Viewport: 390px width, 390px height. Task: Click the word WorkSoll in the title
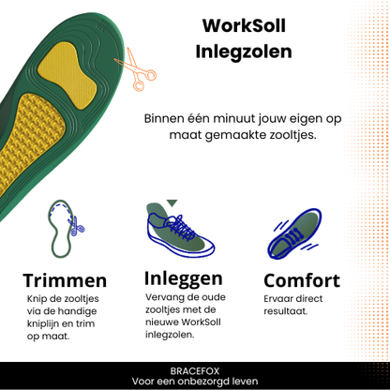point(244,25)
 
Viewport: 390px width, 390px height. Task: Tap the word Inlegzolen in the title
point(244,52)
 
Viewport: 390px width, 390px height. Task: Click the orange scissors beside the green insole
point(137,70)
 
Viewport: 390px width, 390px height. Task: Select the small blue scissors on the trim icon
point(76,227)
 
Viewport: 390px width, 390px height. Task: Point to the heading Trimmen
point(65,280)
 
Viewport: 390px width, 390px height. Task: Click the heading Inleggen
point(184,279)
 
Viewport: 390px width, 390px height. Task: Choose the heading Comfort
point(302,280)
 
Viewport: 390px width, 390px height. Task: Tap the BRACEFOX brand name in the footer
point(195,371)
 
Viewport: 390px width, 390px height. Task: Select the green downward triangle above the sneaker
point(172,203)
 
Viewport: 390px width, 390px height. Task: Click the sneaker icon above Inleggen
point(180,230)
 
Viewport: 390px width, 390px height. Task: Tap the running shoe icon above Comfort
point(293,233)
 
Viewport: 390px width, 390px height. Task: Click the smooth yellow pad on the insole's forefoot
point(67,75)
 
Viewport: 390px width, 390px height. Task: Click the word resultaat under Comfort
point(286,311)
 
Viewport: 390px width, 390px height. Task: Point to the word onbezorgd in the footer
point(200,382)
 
